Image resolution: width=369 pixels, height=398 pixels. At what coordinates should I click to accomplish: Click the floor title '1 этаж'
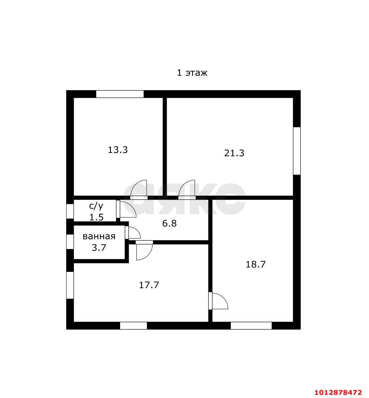(x=192, y=73)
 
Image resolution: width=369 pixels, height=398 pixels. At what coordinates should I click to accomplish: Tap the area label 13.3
(x=118, y=150)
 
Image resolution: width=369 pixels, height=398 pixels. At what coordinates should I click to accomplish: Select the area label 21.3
(x=234, y=153)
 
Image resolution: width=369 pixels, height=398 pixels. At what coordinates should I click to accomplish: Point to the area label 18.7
(x=255, y=264)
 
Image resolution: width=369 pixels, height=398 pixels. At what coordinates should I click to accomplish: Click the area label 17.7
(x=149, y=285)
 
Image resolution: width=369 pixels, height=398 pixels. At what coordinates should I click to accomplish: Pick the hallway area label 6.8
(x=169, y=223)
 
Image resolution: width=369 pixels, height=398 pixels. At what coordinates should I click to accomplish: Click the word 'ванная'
(x=99, y=236)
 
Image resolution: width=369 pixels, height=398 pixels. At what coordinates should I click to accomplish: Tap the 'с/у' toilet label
(x=96, y=206)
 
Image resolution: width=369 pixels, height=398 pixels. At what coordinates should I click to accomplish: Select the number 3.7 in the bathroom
(x=99, y=248)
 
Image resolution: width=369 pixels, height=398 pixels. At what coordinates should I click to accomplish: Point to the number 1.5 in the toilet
(x=97, y=217)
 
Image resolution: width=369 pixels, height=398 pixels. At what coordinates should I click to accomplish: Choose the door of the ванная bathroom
(x=133, y=232)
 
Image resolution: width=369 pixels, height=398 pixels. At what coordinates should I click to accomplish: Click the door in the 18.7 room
(x=218, y=301)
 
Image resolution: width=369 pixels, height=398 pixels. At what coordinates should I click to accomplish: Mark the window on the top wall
(x=120, y=94)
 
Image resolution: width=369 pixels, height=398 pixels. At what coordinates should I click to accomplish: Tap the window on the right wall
(x=297, y=151)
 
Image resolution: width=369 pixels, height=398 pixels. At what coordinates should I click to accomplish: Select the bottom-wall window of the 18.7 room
(x=251, y=326)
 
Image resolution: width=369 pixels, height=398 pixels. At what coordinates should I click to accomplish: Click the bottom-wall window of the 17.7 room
(x=133, y=326)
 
